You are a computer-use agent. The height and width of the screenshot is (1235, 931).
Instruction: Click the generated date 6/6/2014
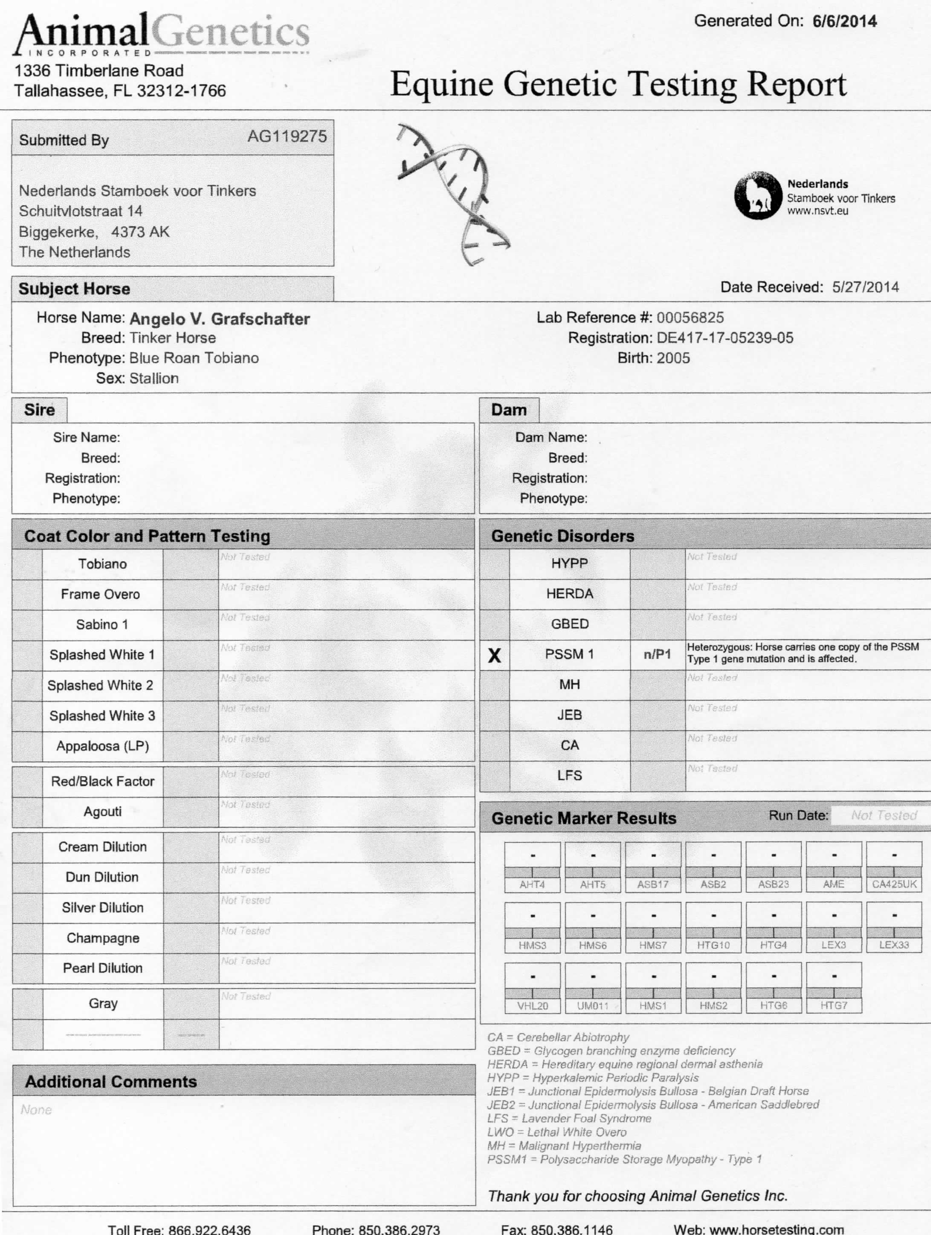[844, 22]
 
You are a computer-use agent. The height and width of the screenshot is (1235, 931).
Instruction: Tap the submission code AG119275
[287, 136]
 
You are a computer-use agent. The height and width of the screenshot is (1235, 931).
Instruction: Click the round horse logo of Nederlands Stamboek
[757, 195]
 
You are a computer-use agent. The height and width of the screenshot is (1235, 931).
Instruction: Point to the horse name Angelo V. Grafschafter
[220, 319]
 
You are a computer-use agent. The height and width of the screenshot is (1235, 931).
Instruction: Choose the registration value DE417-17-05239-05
[724, 338]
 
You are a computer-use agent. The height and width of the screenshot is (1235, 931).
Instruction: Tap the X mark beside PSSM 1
[494, 655]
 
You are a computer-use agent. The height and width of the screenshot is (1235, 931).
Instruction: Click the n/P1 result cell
[657, 654]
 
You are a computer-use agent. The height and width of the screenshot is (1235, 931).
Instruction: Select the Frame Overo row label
[101, 594]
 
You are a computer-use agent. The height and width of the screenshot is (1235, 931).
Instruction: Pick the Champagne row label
[103, 938]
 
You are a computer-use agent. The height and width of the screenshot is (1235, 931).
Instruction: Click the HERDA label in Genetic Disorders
[570, 594]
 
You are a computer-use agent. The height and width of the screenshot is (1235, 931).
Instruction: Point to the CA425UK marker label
[894, 884]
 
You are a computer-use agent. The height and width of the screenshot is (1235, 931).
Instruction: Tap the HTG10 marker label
[713, 945]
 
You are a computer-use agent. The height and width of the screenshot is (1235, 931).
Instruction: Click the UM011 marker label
[592, 1006]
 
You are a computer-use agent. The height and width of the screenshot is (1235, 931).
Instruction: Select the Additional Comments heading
[110, 1081]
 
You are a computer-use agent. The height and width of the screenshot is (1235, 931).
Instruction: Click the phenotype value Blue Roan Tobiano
[194, 358]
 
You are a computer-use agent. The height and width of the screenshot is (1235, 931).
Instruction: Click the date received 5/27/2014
[865, 287]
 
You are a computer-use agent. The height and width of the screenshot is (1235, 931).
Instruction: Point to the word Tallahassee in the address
[59, 91]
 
